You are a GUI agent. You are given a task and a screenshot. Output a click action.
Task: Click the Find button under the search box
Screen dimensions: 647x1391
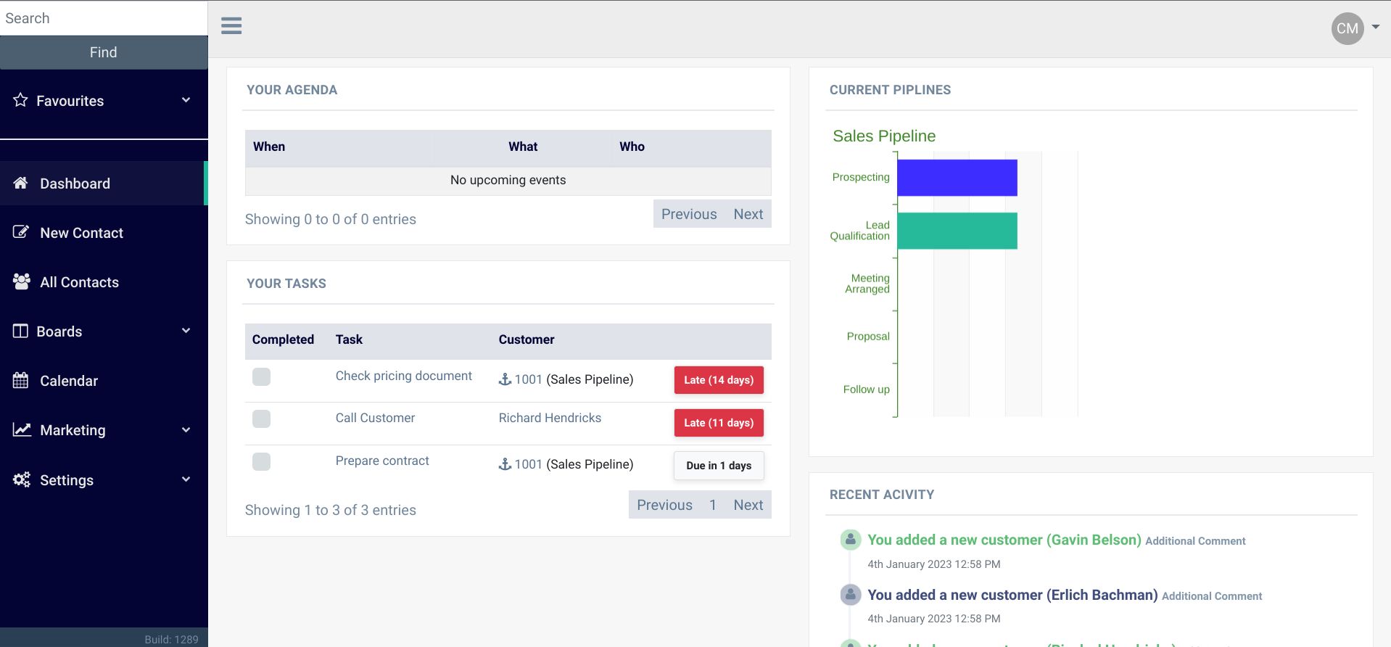coord(103,52)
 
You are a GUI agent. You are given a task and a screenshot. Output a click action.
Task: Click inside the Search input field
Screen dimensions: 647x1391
coord(103,18)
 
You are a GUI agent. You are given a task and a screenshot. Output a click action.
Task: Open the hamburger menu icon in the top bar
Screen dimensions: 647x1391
coord(231,26)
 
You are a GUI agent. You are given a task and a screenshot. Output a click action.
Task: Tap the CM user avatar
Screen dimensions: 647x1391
coord(1347,28)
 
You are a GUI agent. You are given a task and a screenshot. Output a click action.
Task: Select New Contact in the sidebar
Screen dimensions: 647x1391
coord(81,233)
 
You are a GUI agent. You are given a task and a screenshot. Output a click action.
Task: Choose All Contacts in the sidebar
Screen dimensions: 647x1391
coord(79,282)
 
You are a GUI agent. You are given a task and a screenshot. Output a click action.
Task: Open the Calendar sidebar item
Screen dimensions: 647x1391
coord(68,381)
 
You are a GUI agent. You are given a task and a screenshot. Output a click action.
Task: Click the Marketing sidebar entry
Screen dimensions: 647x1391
coord(73,430)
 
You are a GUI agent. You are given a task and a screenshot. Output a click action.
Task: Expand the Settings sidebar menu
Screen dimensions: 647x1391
coord(67,480)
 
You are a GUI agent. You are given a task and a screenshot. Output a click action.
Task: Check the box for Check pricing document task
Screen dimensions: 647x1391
coord(261,376)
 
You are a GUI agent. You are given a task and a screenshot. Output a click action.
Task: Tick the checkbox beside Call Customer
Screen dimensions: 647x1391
coord(261,419)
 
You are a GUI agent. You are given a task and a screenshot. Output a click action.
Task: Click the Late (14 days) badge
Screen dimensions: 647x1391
coord(718,380)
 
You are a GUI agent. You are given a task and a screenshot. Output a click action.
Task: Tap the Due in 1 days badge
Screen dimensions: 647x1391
coord(718,466)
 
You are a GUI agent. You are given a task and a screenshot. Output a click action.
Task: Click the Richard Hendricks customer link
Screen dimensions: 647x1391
coord(550,418)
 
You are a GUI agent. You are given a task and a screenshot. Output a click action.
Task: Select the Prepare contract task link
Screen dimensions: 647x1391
coord(382,461)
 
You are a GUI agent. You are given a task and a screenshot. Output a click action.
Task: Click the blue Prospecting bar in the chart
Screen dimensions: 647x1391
coord(957,178)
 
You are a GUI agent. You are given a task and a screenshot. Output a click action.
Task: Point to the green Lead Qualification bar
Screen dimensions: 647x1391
coord(957,231)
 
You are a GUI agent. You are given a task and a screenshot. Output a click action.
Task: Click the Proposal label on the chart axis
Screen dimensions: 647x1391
coord(867,337)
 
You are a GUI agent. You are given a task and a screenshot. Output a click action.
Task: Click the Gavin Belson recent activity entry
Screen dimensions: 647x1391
coord(1004,540)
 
